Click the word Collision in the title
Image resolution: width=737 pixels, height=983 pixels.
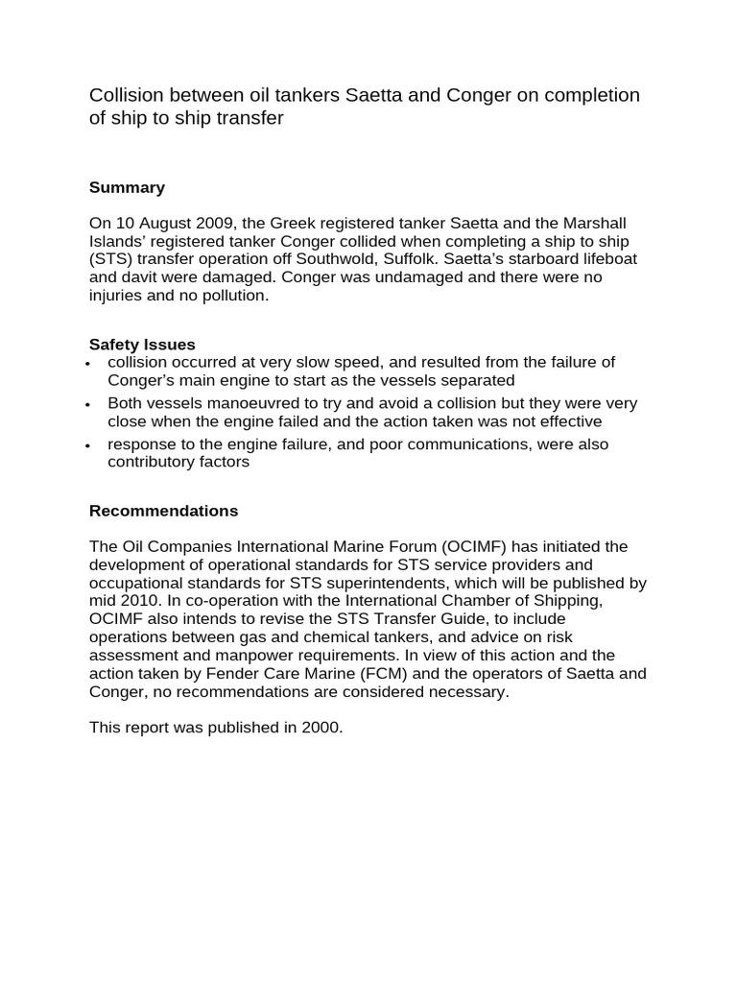coord(125,95)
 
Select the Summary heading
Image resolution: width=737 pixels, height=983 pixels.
coord(127,187)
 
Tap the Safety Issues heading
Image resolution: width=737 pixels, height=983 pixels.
coord(142,344)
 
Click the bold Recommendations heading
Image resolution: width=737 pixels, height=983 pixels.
coord(163,511)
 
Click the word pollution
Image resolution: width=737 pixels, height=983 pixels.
coord(235,297)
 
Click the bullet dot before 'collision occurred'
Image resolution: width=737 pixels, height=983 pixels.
coord(88,364)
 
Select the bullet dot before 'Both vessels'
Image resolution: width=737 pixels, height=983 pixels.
coord(88,405)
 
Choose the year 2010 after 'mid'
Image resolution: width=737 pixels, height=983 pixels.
coord(140,601)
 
